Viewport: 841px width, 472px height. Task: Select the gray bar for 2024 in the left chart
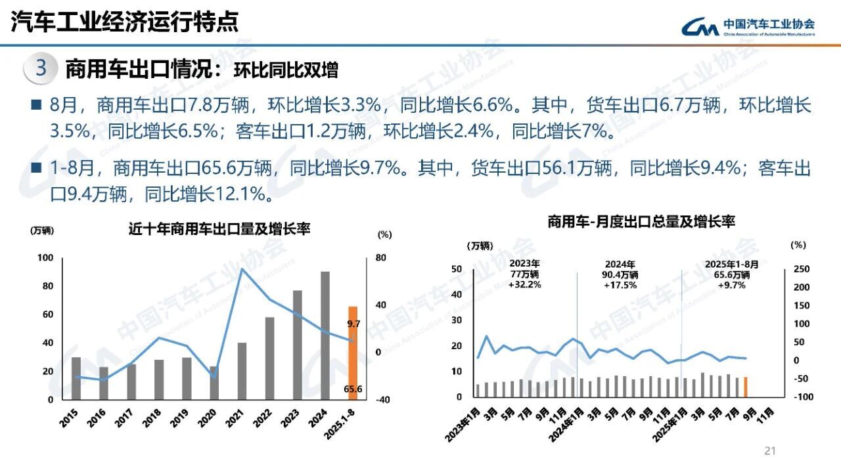point(325,335)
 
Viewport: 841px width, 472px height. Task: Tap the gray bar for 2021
point(242,371)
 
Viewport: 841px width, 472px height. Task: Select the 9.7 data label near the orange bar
point(354,324)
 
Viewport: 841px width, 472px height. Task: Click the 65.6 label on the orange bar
point(353,389)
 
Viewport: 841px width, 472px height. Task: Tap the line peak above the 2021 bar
point(242,268)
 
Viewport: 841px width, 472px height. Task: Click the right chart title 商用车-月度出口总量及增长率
point(641,223)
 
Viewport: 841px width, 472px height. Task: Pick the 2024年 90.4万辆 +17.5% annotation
point(620,274)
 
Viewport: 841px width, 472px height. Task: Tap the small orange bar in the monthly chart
point(745,387)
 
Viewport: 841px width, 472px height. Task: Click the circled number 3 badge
point(41,70)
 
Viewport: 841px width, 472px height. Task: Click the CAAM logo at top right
point(748,26)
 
